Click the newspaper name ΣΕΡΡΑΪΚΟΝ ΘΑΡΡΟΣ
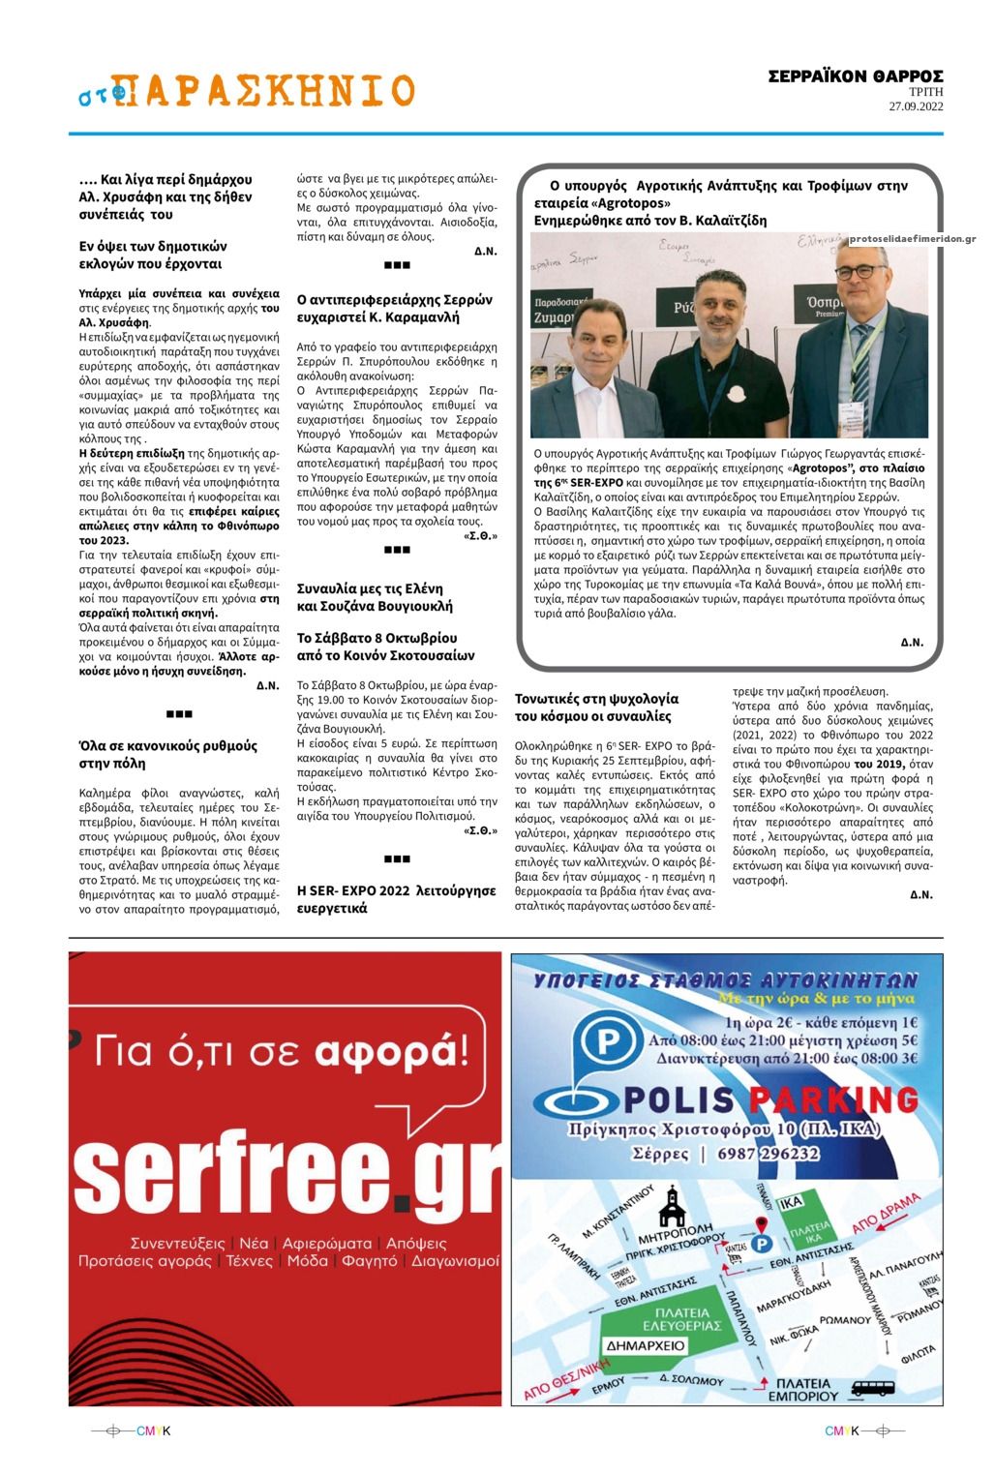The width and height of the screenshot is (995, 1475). (855, 76)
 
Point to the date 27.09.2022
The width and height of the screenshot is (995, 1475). (916, 106)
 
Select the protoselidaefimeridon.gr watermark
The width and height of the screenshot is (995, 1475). (912, 239)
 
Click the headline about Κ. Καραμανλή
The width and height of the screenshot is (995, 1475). (394, 308)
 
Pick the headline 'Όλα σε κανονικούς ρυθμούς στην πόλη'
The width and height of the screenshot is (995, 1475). (168, 754)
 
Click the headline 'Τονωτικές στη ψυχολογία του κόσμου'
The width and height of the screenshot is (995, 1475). (596, 707)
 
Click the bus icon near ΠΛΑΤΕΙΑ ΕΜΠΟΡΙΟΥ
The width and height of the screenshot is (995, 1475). (872, 1388)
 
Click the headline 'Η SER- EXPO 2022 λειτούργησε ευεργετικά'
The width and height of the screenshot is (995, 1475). (396, 899)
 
